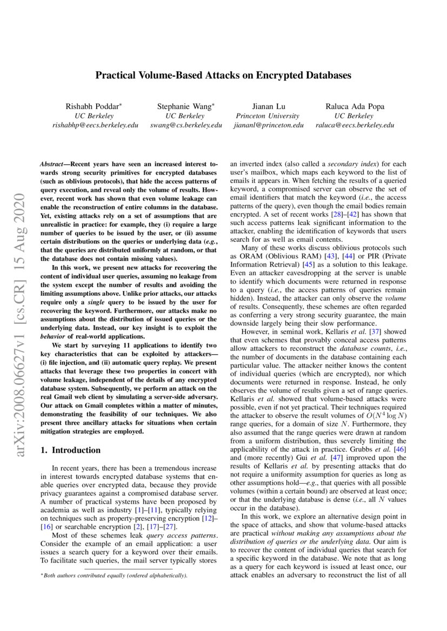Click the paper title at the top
coord(223,76)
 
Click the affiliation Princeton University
coord(268,116)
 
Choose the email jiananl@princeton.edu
coord(268,125)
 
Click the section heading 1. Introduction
coord(71,450)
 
